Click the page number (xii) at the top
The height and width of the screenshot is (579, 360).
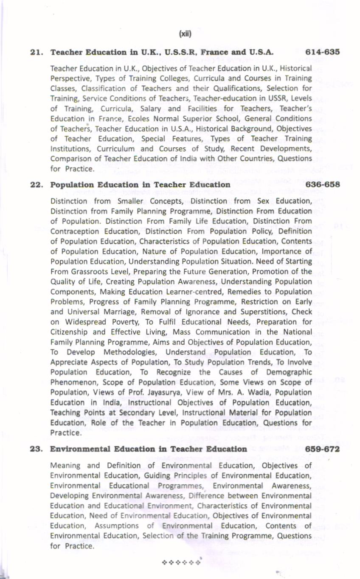click(x=185, y=33)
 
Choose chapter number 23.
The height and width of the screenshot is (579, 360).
click(x=37, y=449)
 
